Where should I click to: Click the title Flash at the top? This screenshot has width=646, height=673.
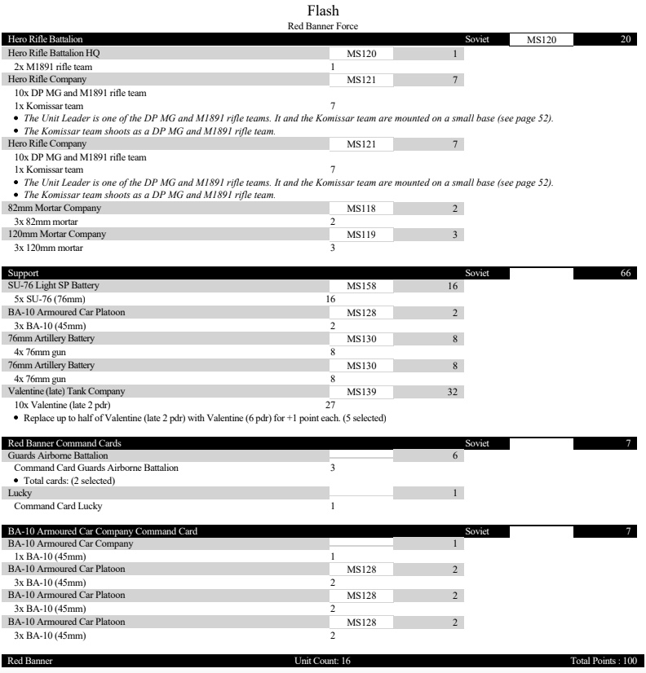pos(323,11)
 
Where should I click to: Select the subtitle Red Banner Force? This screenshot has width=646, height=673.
pos(323,26)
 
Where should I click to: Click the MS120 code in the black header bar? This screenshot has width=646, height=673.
pos(542,39)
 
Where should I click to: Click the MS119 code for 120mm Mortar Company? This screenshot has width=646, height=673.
pos(361,235)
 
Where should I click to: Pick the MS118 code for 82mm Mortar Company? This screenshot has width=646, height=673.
pos(361,209)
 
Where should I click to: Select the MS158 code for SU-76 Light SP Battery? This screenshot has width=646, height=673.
pos(361,287)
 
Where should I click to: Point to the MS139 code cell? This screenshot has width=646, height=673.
pos(361,391)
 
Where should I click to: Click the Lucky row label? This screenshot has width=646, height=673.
pos(18,493)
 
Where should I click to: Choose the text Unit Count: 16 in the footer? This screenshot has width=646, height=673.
pos(323,659)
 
